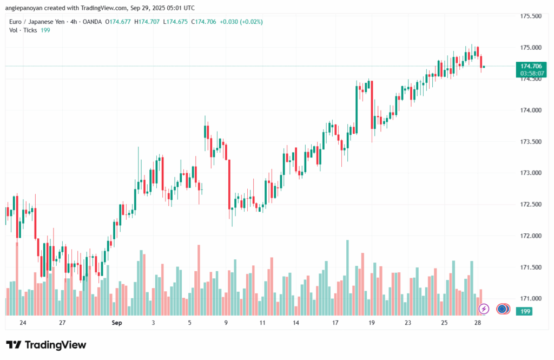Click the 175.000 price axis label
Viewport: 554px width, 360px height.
pos(530,48)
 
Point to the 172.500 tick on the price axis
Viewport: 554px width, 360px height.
pos(530,205)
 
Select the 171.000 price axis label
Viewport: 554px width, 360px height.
pos(530,299)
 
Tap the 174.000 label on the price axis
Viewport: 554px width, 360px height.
pos(530,110)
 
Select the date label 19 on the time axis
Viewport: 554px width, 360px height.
pos(372,323)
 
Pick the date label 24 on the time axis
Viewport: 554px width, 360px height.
pos(23,323)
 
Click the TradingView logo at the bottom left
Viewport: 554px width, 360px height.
pos(46,345)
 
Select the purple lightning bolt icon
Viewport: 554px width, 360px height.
pos(484,309)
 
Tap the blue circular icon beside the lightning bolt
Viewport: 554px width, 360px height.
pos(503,309)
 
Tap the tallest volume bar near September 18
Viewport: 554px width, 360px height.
pos(347,276)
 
